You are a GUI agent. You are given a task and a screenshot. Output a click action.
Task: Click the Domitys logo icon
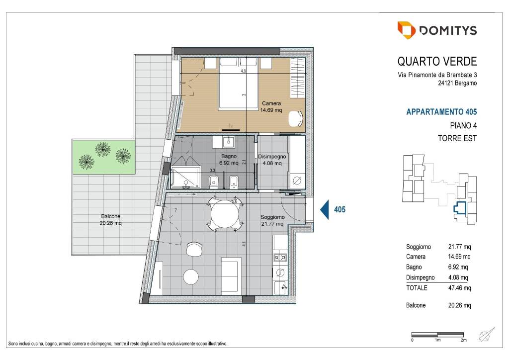coord(406,30)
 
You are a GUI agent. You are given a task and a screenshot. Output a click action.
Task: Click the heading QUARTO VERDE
coord(437,61)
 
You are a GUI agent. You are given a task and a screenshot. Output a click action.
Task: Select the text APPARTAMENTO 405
coord(441,112)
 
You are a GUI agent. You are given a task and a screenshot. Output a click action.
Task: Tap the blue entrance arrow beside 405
coord(324,209)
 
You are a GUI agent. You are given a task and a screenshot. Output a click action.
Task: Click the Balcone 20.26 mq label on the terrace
coord(111,219)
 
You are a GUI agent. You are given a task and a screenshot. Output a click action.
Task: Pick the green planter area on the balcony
coord(104,157)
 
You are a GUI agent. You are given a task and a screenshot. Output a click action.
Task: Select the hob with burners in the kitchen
coord(280,258)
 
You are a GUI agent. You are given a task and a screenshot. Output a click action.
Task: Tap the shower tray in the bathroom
coord(185,177)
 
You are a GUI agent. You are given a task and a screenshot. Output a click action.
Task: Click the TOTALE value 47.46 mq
coord(459,288)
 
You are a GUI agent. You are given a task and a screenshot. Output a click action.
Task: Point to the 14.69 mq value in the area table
coord(459,257)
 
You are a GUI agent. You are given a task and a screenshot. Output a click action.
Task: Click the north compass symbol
coord(487,334)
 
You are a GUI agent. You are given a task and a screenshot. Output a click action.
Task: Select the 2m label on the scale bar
coord(464,340)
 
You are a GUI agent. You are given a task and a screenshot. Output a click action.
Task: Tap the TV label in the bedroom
coord(231,126)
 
